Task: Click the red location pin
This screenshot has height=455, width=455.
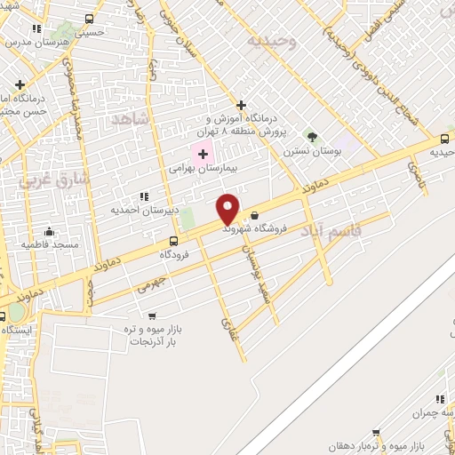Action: pos(228,208)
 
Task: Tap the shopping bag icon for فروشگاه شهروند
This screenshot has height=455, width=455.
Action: pos(255,215)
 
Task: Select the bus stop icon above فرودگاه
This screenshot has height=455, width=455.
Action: pos(173,241)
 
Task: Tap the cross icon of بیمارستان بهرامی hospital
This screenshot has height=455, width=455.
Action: pos(203,154)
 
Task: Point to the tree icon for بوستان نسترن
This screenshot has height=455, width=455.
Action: pos(310,137)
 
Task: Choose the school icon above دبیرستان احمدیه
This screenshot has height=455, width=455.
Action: pos(143,196)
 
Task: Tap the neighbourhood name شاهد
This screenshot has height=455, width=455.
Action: pos(130,118)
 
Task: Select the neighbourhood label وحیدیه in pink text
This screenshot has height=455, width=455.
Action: pos(268,41)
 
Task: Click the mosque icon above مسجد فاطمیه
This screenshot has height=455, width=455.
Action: pos(49,232)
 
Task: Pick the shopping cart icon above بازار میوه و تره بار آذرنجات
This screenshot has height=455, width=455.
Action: pos(152,315)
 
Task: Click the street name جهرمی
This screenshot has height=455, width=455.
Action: pos(152,283)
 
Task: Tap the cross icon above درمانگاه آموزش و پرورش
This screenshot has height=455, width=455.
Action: pos(241,105)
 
